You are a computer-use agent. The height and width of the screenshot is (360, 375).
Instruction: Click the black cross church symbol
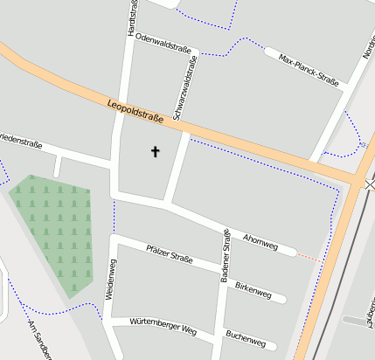[x=156, y=151]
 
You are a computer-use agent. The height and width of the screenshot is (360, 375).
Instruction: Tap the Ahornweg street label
[x=260, y=241]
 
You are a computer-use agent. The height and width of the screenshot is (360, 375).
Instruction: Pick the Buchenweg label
[x=245, y=336]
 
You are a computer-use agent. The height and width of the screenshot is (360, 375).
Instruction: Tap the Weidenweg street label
[x=110, y=280]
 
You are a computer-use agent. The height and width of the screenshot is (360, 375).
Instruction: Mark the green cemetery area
[x=58, y=232]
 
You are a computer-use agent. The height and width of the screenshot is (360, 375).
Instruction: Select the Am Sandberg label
[x=38, y=342]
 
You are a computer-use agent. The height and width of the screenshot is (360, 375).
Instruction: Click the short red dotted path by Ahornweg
[x=308, y=257]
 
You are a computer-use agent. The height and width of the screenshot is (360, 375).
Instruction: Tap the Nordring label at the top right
[x=368, y=44]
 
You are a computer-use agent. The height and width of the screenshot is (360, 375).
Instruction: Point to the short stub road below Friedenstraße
[x=58, y=166]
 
